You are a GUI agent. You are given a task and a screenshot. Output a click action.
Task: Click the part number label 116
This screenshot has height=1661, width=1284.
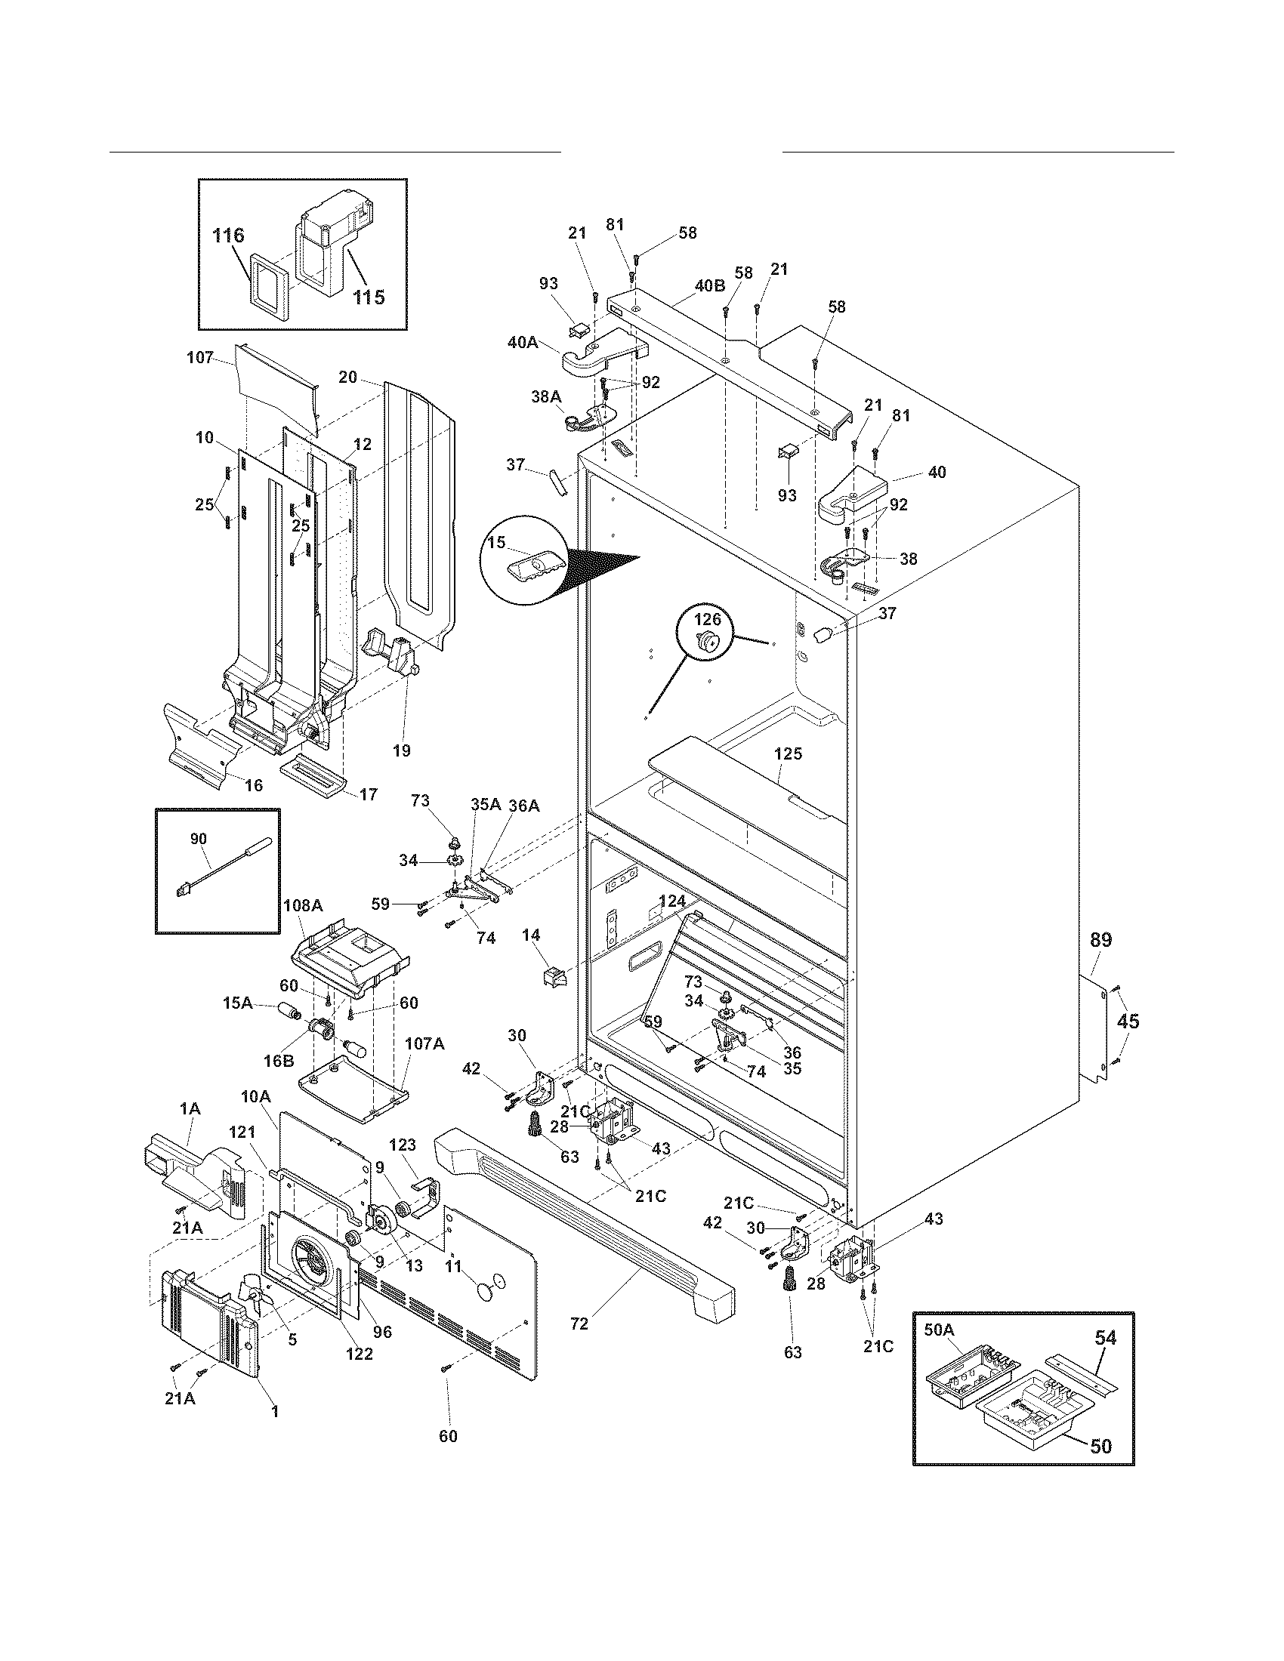coord(228,236)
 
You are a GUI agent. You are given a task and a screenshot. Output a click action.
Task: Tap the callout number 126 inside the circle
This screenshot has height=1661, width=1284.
coord(707,620)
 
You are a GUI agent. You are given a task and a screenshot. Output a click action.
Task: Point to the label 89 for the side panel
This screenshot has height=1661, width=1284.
coord(1100,940)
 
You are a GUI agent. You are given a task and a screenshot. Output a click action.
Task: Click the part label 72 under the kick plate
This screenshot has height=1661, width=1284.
coord(579,1324)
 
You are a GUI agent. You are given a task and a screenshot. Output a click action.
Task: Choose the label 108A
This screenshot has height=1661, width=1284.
coord(303,905)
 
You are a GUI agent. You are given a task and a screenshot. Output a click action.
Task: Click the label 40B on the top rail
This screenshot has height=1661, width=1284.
coord(709,286)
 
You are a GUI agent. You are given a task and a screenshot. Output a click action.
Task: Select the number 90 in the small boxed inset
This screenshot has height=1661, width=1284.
coord(198,838)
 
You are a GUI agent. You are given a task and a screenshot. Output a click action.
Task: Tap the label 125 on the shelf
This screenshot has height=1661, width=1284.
coord(788,753)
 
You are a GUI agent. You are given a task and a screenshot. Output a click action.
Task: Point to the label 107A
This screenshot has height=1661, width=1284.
coord(424,1044)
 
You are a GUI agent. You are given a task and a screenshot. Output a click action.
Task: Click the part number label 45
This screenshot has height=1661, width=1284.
coord(1128,1021)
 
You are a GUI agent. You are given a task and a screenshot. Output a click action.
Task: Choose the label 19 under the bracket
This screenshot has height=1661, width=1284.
coord(402,751)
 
